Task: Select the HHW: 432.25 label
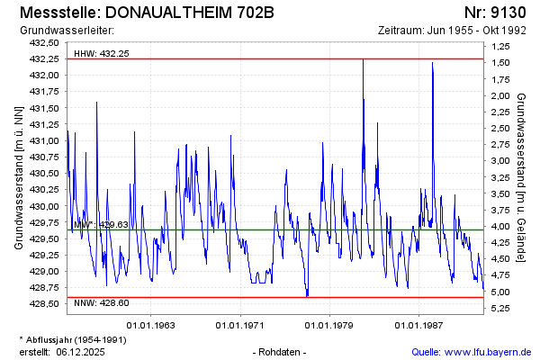[102, 53]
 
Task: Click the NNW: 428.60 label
[102, 302]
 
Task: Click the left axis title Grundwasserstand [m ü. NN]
[18, 176]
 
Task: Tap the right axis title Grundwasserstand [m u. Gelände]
[522, 176]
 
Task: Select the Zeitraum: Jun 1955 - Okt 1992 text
[452, 31]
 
